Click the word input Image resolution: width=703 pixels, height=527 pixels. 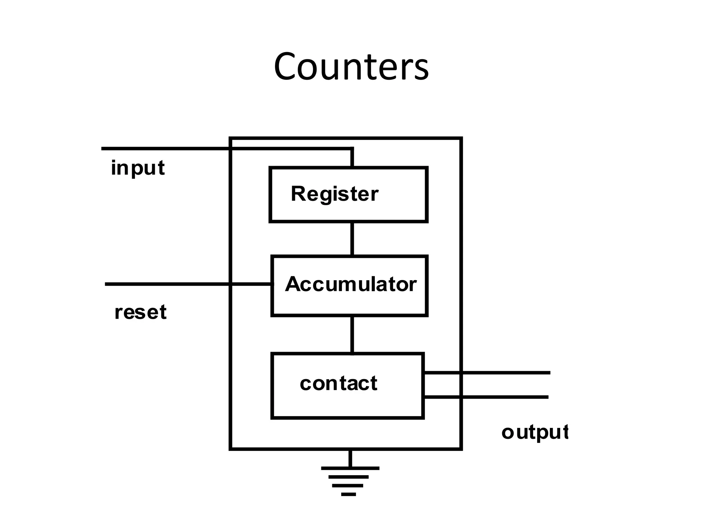(x=138, y=168)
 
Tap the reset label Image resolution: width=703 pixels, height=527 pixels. (x=140, y=312)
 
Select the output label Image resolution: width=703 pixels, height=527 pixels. (x=535, y=432)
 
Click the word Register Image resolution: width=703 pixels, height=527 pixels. (x=334, y=194)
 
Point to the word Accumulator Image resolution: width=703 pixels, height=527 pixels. (x=350, y=284)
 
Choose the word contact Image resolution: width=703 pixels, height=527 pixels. (x=338, y=383)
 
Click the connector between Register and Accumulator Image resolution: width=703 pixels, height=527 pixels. (x=352, y=239)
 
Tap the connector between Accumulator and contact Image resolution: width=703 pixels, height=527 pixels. (x=352, y=334)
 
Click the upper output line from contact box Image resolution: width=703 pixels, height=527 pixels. (x=487, y=373)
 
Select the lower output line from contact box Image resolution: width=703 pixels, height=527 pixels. (x=487, y=397)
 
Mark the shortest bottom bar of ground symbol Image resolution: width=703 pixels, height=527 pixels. (x=348, y=494)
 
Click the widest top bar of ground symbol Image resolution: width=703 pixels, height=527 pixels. (x=350, y=468)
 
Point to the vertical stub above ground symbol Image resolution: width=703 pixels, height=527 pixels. (x=350, y=459)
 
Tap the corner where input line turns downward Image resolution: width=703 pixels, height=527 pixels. (x=352, y=149)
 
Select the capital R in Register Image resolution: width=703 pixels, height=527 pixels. (x=298, y=194)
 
